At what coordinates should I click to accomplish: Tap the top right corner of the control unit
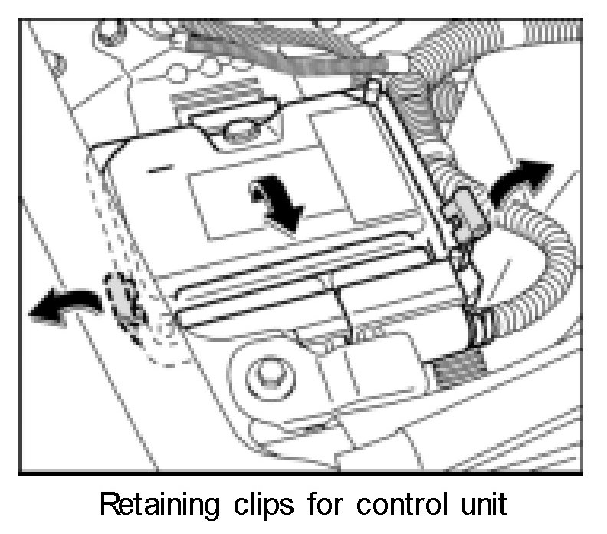373,90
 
